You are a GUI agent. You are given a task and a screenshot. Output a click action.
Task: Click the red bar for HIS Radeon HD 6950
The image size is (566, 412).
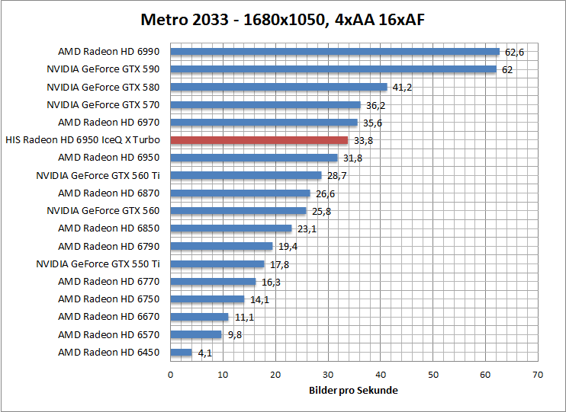point(259,140)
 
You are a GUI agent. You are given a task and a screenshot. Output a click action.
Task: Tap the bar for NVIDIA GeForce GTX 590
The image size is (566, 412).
point(333,69)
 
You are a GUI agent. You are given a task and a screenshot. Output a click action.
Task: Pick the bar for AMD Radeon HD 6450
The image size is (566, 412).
point(181,352)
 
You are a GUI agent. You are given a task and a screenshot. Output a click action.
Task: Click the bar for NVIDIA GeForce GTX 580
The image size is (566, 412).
point(278,87)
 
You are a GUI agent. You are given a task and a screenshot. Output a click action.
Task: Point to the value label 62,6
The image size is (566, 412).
point(515,52)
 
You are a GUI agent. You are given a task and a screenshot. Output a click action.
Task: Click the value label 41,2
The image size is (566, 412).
point(402,88)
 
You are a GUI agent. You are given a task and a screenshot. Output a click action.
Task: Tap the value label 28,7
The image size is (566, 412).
point(336,176)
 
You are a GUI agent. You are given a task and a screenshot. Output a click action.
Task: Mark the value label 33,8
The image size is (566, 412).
point(363,141)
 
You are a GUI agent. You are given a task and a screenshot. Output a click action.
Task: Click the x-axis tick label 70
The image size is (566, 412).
point(538,375)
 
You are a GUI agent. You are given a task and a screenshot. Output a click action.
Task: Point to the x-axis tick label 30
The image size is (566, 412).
point(328,375)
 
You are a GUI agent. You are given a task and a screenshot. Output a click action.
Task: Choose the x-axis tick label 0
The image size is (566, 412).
point(170,375)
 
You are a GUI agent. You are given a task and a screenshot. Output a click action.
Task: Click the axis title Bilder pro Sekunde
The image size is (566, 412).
point(354,390)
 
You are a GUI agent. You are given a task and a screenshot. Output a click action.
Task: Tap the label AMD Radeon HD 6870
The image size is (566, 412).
point(109,193)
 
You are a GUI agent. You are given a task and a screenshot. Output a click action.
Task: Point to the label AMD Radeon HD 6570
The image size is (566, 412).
point(109,334)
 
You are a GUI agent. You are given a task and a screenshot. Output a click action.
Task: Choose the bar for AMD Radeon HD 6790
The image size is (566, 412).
point(221,246)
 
